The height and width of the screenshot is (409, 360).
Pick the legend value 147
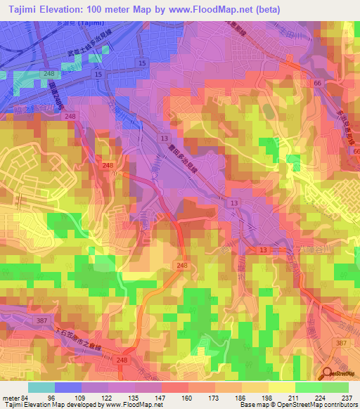click(x=161, y=397)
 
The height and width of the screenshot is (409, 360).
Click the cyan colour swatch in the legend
click(x=41, y=387)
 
